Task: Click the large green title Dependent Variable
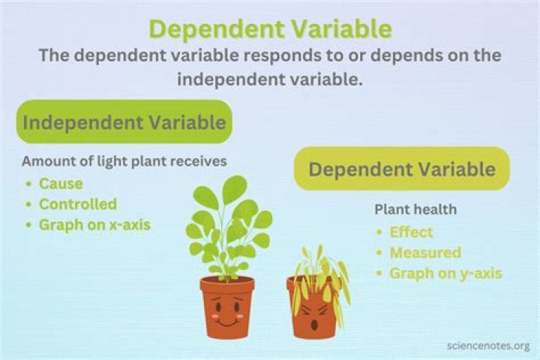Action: [270, 28]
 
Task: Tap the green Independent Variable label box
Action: [124, 121]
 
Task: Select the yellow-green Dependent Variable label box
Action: [402, 169]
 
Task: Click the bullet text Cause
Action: [61, 183]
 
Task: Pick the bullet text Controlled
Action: [77, 203]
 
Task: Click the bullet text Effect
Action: [411, 232]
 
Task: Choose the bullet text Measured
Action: [424, 253]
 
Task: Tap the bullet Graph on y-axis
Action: [445, 273]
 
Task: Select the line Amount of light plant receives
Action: [124, 160]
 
